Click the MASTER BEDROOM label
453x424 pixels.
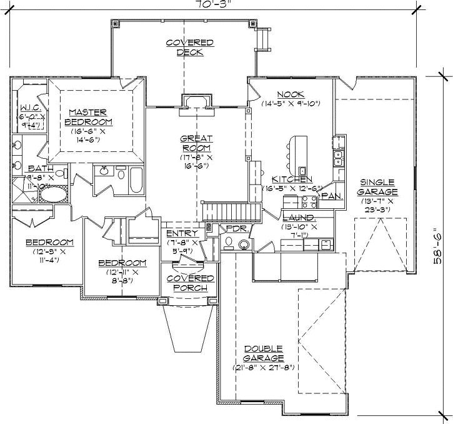click(x=90, y=116)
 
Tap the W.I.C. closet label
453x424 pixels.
click(x=30, y=108)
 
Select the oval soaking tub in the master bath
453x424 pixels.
click(x=52, y=195)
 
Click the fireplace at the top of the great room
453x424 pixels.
click(x=197, y=102)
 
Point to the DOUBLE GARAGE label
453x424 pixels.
click(x=264, y=353)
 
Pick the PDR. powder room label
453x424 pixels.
click(x=234, y=229)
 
